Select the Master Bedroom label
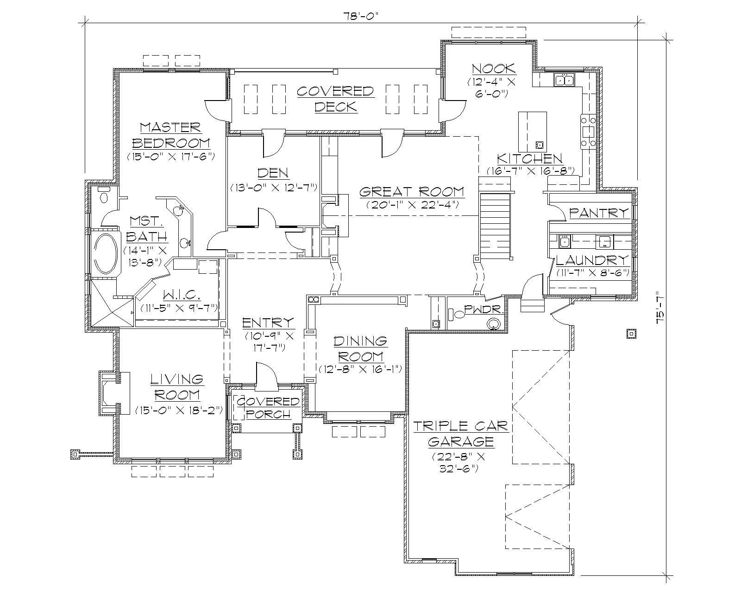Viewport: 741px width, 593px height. (170, 135)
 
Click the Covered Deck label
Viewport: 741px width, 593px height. (335, 99)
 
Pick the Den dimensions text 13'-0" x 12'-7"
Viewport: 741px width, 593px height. (273, 188)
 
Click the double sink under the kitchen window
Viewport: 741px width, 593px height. (565, 80)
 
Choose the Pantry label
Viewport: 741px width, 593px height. (599, 213)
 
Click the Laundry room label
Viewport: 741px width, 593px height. (592, 259)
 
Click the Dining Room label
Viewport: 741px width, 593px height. (360, 349)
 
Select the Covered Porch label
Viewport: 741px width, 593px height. (268, 407)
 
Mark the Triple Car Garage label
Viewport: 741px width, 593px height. (460, 433)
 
